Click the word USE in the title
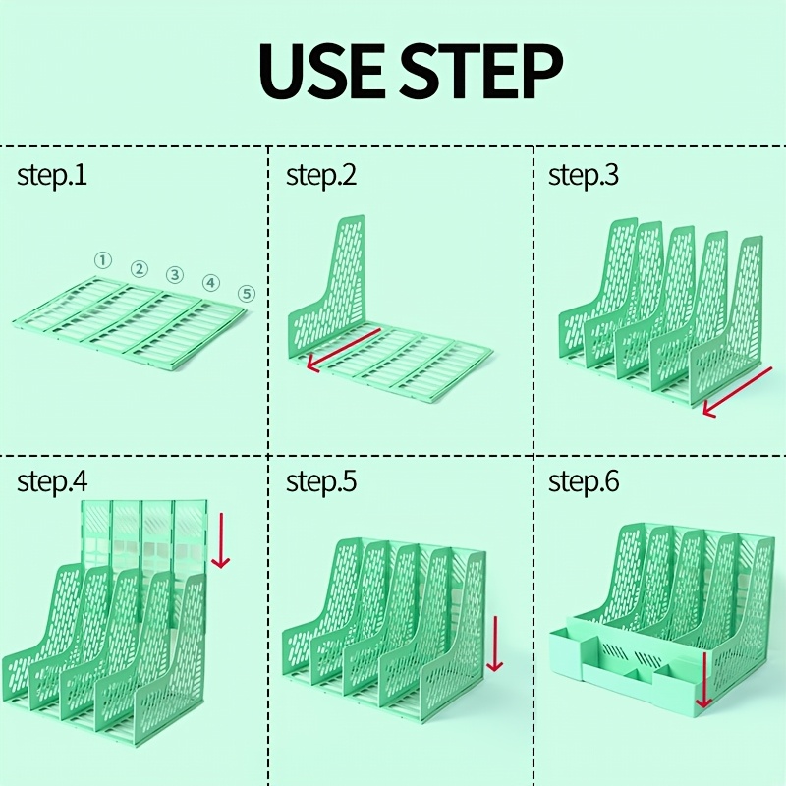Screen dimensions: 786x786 pyautogui.click(x=321, y=72)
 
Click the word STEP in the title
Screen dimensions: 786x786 pyautogui.click(x=481, y=72)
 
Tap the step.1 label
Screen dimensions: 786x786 pyautogui.click(x=52, y=177)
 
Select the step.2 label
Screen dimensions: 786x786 pyautogui.click(x=321, y=177)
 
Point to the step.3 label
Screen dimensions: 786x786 pyautogui.click(x=584, y=177)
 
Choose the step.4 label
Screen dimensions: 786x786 pyautogui.click(x=52, y=482)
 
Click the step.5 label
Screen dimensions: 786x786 pyautogui.click(x=321, y=482)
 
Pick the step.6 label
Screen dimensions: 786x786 pyautogui.click(x=584, y=482)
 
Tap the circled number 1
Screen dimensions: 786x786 pyautogui.click(x=103, y=260)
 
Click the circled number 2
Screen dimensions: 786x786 pyautogui.click(x=140, y=269)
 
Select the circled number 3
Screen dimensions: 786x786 pyautogui.click(x=175, y=275)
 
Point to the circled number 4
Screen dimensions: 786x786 pyautogui.click(x=211, y=283)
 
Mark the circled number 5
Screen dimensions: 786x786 pyautogui.click(x=247, y=293)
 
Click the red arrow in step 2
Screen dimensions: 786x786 pyautogui.click(x=343, y=351)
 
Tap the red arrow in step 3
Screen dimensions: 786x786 pyautogui.click(x=737, y=391)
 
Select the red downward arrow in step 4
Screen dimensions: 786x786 pyautogui.click(x=220, y=540)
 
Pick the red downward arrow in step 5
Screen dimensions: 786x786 pyautogui.click(x=495, y=644)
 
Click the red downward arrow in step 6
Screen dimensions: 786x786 pyautogui.click(x=703, y=680)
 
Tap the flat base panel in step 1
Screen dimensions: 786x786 pyautogui.click(x=129, y=322)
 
